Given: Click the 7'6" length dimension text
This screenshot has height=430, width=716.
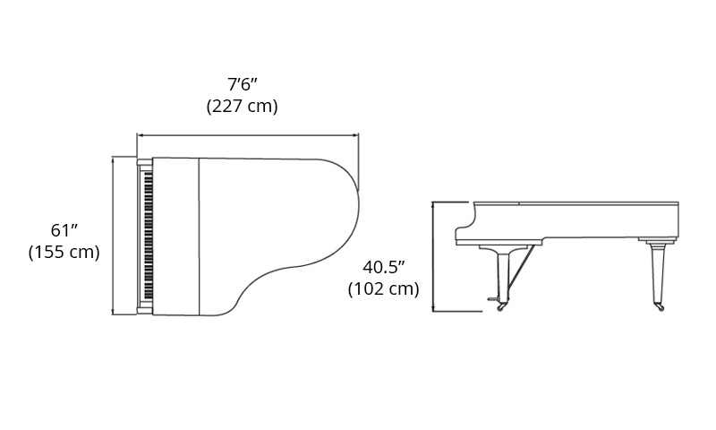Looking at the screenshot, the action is coord(243,84).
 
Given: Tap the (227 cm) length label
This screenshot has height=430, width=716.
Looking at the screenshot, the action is coord(242,106).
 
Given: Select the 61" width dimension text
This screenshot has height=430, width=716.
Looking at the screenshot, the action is coord(64,230).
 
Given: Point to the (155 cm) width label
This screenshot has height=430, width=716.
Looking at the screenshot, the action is coord(64,252).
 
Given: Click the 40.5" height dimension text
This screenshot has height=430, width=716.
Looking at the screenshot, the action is coord(384,267).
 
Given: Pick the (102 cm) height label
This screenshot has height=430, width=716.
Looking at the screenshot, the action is coord(384,288).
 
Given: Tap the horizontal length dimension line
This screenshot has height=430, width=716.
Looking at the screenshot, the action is coord(248,135).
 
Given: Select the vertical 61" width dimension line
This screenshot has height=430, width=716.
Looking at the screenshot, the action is coord(113,236).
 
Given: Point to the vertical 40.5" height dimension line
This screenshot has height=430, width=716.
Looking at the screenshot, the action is coord(433,256).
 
